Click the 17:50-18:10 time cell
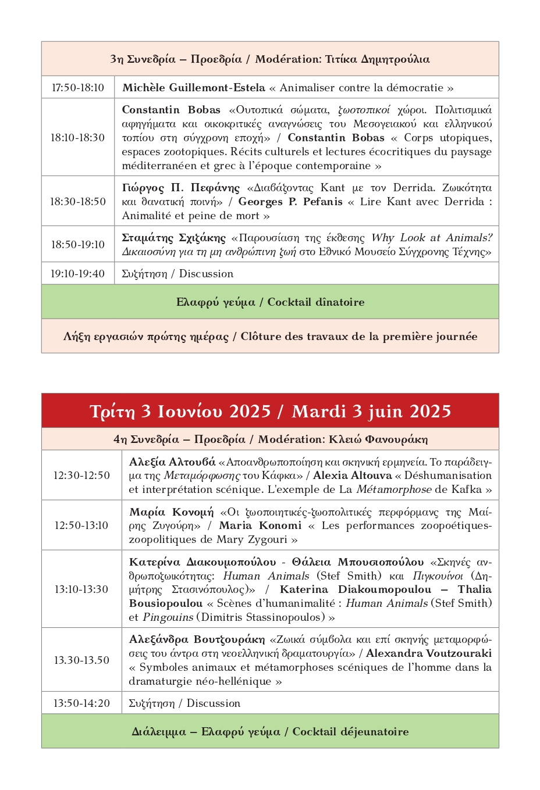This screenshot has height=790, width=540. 78,88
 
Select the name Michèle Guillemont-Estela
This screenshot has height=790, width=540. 194,88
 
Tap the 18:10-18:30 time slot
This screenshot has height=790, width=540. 77,138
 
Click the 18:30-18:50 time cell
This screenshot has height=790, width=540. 78,202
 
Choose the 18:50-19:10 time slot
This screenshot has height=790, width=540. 78,245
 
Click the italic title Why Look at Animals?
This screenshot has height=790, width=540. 432,238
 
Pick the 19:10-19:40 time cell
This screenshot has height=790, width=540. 78,274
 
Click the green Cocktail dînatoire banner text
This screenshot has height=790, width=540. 270,302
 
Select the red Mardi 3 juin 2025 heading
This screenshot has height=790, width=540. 371,412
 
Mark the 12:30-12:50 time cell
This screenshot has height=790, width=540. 81,476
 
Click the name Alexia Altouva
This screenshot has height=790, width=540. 353,476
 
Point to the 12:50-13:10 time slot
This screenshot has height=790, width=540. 81,526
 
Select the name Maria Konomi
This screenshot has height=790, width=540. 260,526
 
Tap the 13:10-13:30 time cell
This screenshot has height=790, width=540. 81,589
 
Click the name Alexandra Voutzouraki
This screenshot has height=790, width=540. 429,653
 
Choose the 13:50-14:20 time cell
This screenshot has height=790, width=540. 81,703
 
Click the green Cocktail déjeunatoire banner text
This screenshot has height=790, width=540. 270,732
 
